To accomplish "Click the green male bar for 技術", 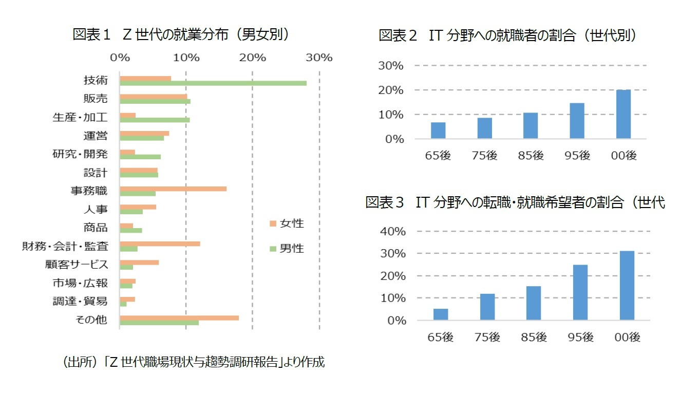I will point(213,83).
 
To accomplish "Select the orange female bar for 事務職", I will point(173,189).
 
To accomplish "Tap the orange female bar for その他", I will point(179,317).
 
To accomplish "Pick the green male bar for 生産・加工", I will point(155,120).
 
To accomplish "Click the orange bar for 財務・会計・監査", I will point(160,244).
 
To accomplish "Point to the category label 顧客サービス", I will point(77,265).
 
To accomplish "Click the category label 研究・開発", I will point(80,154).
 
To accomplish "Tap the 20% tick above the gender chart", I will point(252,58).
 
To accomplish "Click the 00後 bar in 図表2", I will point(623,114).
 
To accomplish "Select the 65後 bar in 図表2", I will point(438,130).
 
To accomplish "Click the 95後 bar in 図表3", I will point(580,292).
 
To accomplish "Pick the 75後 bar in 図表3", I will point(487,307).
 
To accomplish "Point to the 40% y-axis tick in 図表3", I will point(393,231).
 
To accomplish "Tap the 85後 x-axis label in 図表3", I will point(534,338).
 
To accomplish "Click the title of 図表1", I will point(180,35).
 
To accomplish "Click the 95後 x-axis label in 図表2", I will point(577,155).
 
